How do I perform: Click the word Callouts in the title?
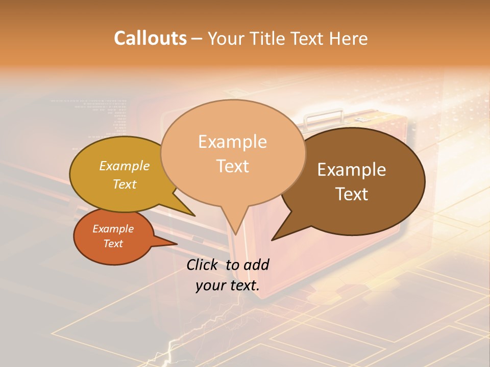(x=150, y=38)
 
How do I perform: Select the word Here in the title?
(x=349, y=38)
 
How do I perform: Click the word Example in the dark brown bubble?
(x=352, y=170)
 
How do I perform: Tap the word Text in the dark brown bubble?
(x=352, y=194)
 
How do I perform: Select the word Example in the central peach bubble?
(x=232, y=142)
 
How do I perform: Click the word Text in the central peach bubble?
(x=232, y=166)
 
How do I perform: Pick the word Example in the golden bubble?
(x=124, y=166)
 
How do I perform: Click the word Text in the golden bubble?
(x=124, y=184)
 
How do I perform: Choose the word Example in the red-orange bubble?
(x=113, y=229)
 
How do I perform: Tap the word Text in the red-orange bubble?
(x=113, y=244)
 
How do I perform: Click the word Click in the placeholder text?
(x=203, y=265)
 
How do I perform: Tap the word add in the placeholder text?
(x=256, y=265)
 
